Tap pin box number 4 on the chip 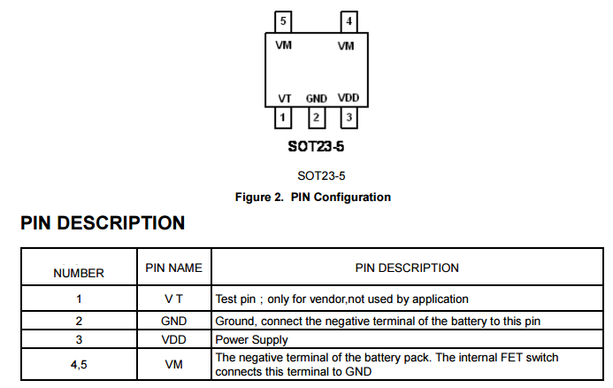(349, 21)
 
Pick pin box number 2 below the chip (316, 117)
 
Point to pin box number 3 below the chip (349, 117)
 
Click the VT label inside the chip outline (285, 98)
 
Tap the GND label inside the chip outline (316, 98)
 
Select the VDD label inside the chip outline (349, 98)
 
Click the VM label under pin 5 (285, 44)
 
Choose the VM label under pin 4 (346, 44)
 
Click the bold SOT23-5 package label (316, 146)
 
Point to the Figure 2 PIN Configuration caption (312, 197)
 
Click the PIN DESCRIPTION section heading (103, 223)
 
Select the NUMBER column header (79, 273)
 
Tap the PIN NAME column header (173, 267)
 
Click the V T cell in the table (173, 299)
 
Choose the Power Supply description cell (251, 339)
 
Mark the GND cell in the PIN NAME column (173, 320)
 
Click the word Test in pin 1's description (227, 299)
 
